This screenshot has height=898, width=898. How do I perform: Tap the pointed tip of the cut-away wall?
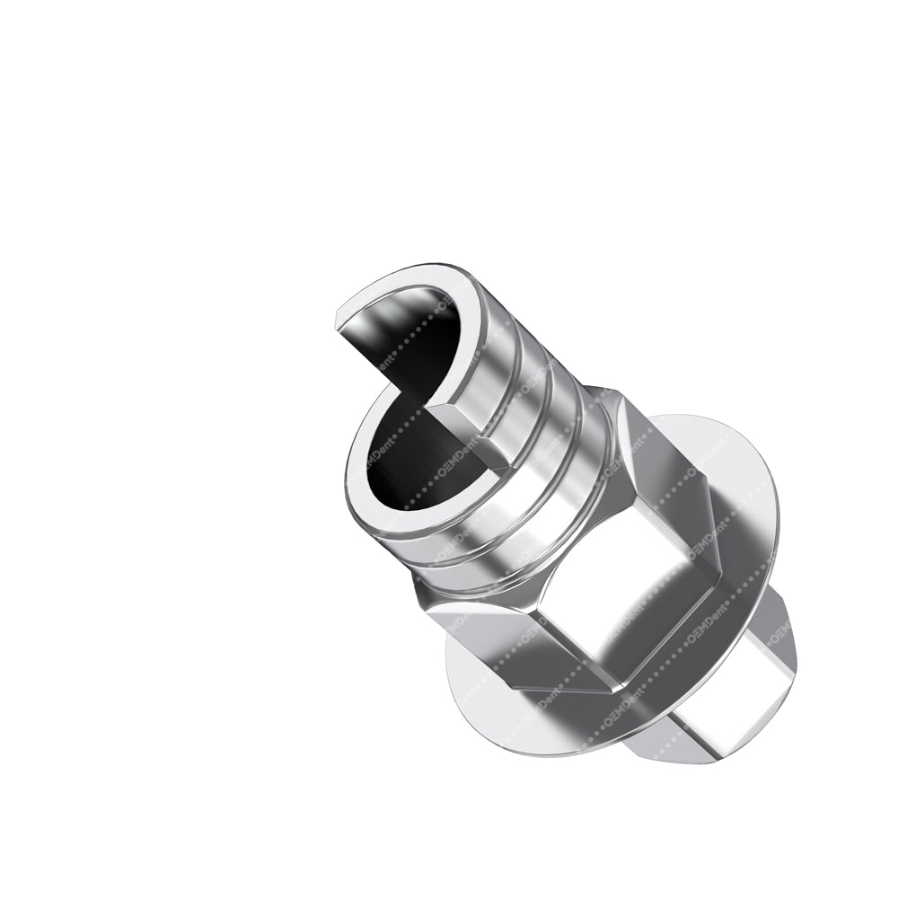coord(337,319)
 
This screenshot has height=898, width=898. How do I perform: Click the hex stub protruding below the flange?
coord(709,718)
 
